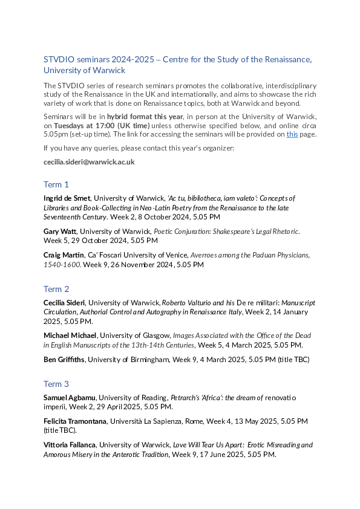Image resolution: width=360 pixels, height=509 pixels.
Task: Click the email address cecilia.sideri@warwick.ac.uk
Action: [89, 162]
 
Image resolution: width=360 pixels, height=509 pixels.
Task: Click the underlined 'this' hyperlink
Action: [292, 134]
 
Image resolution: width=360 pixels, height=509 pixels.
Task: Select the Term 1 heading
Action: [56, 184]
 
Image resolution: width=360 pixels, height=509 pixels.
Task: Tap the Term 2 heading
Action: [56, 289]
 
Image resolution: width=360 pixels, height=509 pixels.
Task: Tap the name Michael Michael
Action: [70, 335]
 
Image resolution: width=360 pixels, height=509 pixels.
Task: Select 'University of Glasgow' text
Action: [134, 335]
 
